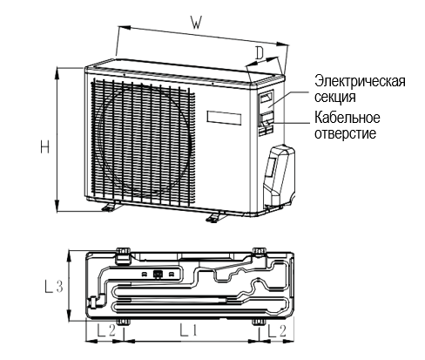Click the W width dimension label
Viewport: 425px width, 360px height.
pos(196,23)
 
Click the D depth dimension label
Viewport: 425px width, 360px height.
pos(260,53)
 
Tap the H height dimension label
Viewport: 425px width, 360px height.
pos(44,146)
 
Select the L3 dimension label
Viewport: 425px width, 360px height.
pos(54,286)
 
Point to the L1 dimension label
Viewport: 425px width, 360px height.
pos(188,330)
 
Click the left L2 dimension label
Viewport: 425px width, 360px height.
pos(106,330)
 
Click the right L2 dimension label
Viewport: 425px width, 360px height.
pos(277,330)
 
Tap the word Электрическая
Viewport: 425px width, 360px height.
pos(360,81)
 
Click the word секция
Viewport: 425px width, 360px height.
pos(335,97)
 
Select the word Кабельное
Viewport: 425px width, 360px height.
pos(347,118)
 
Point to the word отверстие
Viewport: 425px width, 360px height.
pos(345,133)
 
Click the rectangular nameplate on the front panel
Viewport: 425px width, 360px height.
pos(224,118)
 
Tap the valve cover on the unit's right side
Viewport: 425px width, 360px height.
pos(279,175)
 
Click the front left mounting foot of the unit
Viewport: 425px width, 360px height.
pos(111,207)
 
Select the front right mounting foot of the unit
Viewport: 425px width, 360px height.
pos(216,217)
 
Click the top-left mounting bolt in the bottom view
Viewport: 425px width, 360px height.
pos(123,251)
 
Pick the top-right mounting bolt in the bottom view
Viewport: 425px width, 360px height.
pos(260,251)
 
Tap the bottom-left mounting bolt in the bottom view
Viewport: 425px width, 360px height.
pos(123,322)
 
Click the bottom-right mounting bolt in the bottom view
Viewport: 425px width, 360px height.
pos(260,322)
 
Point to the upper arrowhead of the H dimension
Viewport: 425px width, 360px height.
pos(57,72)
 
